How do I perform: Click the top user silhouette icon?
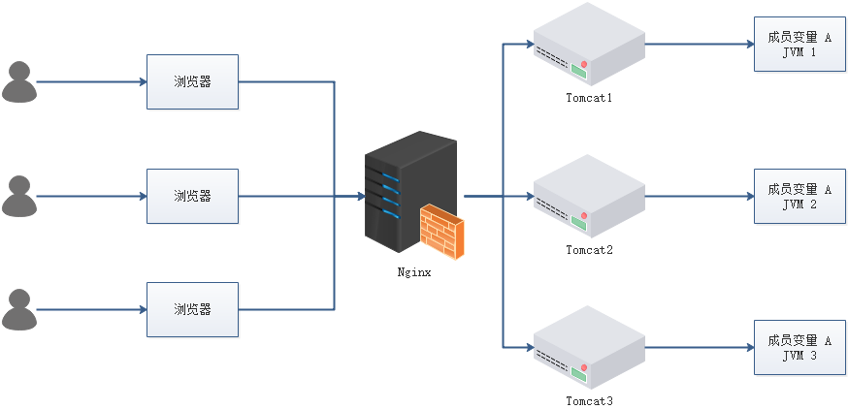19,81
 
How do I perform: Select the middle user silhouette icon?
19,196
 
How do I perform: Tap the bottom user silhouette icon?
19,310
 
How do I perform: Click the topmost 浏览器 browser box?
192,81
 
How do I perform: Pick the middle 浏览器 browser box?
192,196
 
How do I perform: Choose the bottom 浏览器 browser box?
192,310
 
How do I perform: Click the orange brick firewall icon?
441,233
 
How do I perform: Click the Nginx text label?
414,272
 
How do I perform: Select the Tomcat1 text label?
589,98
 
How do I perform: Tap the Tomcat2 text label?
589,250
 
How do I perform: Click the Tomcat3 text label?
589,400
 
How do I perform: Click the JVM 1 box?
799,45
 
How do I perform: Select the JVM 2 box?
799,197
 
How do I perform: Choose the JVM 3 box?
799,348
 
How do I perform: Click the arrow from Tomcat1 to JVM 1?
699,45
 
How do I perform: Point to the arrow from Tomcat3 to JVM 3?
699,347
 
